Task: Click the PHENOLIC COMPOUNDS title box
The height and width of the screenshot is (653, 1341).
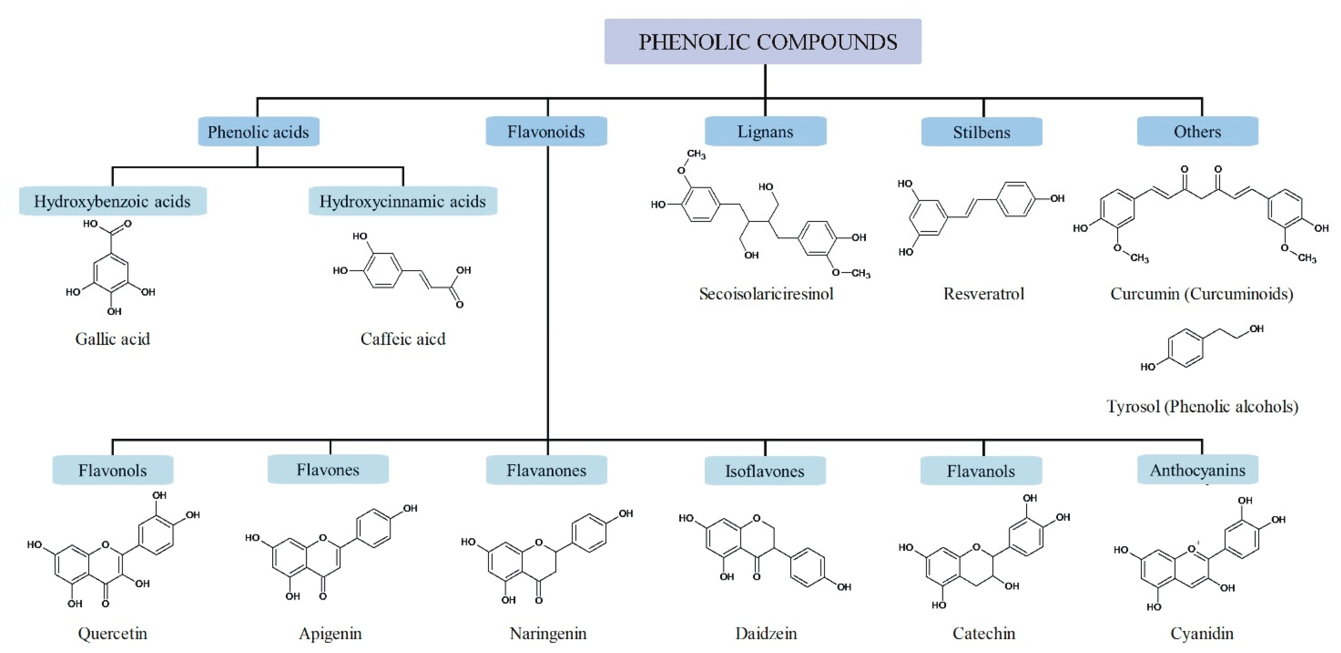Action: point(762,42)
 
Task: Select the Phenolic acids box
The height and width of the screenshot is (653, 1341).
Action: point(258,132)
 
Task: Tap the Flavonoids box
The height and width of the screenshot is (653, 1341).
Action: point(546,132)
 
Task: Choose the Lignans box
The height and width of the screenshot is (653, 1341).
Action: point(765,132)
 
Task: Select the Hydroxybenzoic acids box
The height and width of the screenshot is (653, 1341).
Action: point(113,201)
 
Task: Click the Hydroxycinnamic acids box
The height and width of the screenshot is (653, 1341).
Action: point(402,201)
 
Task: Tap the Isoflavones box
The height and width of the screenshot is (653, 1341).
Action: point(765,471)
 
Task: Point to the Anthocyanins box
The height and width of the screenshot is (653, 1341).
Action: point(1197,470)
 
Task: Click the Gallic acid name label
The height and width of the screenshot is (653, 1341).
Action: point(113,339)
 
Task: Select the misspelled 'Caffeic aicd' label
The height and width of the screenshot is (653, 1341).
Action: point(403,339)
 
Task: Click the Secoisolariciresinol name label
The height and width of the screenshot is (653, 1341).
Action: point(766,294)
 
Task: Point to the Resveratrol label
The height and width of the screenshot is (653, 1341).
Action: point(983,294)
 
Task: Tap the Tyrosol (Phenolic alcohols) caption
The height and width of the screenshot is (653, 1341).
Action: point(1202,406)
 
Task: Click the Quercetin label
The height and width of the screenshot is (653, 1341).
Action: point(113,633)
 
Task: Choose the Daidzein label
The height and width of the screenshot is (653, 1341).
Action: point(766,633)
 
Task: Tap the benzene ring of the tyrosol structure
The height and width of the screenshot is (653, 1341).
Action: point(1185,348)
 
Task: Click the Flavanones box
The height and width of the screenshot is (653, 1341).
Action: point(546,470)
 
